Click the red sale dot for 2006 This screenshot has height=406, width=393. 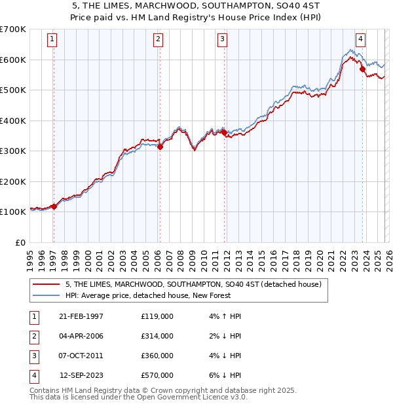pos(160,147)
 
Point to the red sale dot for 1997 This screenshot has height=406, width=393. pos(54,206)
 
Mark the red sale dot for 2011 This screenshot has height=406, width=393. pos(224,132)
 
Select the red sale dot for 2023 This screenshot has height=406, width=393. pos(362,69)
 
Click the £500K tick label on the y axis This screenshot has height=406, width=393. pos(12,90)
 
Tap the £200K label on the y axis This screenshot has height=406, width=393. pos(12,181)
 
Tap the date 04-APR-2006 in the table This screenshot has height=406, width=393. pos(81,336)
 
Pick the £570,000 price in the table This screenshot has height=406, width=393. pos(157,375)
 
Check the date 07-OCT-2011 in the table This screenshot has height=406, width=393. pos(81,356)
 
